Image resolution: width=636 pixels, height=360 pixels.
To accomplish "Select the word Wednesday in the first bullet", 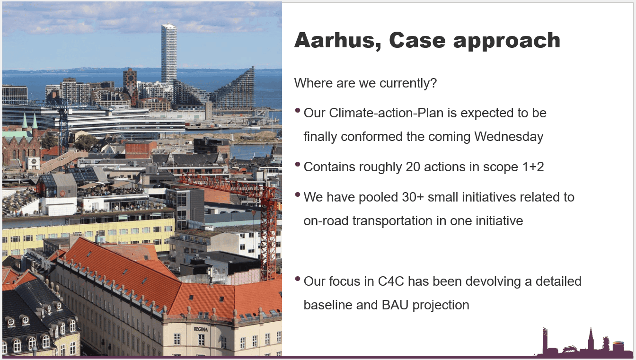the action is point(509,137).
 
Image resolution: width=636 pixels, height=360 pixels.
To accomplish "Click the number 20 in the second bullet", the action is point(413,167).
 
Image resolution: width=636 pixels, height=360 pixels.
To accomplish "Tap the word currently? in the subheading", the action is point(408,84).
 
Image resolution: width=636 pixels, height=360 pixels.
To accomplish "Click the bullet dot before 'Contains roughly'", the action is point(298,164).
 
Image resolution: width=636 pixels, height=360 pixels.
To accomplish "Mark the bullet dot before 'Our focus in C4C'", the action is point(298,279).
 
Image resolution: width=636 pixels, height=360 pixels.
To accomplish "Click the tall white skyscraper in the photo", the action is point(169,54).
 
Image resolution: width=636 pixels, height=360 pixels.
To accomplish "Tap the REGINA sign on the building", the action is point(201,329).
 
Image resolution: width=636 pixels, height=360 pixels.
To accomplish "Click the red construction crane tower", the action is point(268,233).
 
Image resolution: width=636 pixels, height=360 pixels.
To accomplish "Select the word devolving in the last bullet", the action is point(493,282).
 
